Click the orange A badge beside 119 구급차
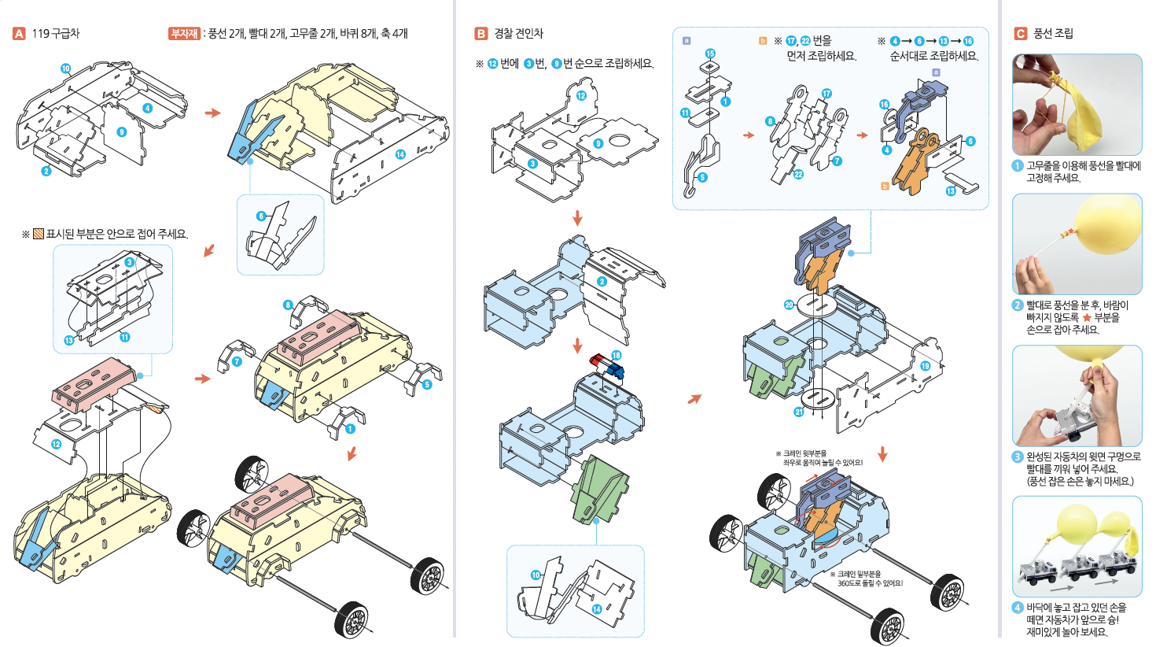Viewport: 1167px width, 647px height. click(x=19, y=34)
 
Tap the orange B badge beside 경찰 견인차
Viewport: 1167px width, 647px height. click(x=480, y=34)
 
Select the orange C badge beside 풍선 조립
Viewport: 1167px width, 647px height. click(x=1020, y=34)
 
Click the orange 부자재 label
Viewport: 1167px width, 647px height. click(x=184, y=34)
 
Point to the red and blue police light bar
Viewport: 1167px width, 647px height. click(x=606, y=366)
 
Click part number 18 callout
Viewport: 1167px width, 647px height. click(x=617, y=355)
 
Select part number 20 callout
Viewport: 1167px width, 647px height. click(x=790, y=305)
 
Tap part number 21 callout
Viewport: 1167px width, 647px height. click(x=799, y=412)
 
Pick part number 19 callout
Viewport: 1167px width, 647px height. click(x=926, y=365)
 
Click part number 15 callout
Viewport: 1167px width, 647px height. click(x=710, y=54)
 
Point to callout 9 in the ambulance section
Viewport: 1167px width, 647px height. click(x=121, y=132)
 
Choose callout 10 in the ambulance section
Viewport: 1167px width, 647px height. click(x=65, y=68)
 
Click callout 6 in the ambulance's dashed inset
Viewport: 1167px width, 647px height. click(x=262, y=216)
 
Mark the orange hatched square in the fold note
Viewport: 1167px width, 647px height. click(x=38, y=234)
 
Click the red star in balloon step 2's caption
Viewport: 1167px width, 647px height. click(x=1087, y=317)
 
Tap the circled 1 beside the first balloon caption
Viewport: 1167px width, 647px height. click(x=1018, y=166)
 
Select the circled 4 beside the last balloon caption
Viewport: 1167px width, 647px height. click(x=1018, y=608)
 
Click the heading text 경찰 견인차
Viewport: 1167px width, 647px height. click(x=518, y=34)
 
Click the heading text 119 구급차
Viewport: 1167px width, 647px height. click(x=56, y=34)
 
